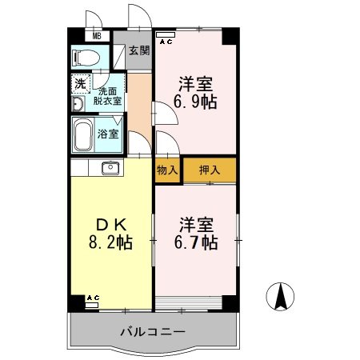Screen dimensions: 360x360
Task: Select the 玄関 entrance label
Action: (139, 51)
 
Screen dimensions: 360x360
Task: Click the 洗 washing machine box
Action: (80, 83)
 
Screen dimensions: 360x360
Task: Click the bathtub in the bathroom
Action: (83, 134)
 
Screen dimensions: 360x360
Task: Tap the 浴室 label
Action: (109, 134)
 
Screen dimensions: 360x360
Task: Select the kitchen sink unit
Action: (110, 167)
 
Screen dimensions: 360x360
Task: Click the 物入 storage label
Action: (166, 170)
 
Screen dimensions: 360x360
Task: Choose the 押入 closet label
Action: (209, 170)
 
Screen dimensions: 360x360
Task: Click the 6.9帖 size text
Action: (197, 102)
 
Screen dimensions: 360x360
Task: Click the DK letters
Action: (110, 223)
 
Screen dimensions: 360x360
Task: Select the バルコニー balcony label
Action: (153, 330)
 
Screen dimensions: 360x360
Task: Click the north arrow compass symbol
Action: (282, 299)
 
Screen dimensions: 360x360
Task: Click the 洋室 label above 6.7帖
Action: (197, 223)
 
